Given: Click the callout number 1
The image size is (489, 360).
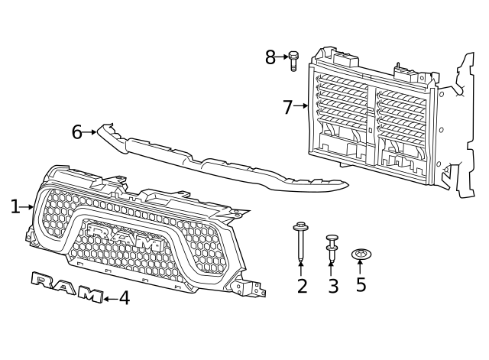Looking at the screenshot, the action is tap(15, 207).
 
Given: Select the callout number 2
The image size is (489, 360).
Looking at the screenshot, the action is tap(302, 286).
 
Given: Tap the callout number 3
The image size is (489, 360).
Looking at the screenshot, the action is tap(333, 286).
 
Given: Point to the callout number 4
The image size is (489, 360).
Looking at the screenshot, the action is tap(125, 297).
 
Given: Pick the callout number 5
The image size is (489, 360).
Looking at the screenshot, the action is tap(361, 284).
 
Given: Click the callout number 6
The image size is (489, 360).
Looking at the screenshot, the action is tap(76, 132).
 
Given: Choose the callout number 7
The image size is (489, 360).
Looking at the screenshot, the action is tap(287, 107).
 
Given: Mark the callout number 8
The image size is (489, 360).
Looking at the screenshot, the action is tap(270, 57).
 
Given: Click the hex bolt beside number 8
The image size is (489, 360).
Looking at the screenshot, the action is tap(293, 61).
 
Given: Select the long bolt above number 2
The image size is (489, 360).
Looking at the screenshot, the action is tap(300, 242).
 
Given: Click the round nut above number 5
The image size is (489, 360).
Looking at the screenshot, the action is tap(361, 255).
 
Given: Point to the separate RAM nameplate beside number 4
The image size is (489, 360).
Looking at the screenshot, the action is tap(67, 287).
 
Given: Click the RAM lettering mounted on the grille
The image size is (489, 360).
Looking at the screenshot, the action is tap(125, 237).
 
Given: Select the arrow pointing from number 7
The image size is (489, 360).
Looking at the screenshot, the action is tap(300, 105).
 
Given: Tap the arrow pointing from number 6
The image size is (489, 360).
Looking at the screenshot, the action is tap(90, 132).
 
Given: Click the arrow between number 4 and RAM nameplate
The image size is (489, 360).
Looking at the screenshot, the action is tap(111, 299).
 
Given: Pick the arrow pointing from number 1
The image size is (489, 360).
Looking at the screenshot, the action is tap(27, 207).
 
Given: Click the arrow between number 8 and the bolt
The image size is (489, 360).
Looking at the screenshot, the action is tap(282, 57).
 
